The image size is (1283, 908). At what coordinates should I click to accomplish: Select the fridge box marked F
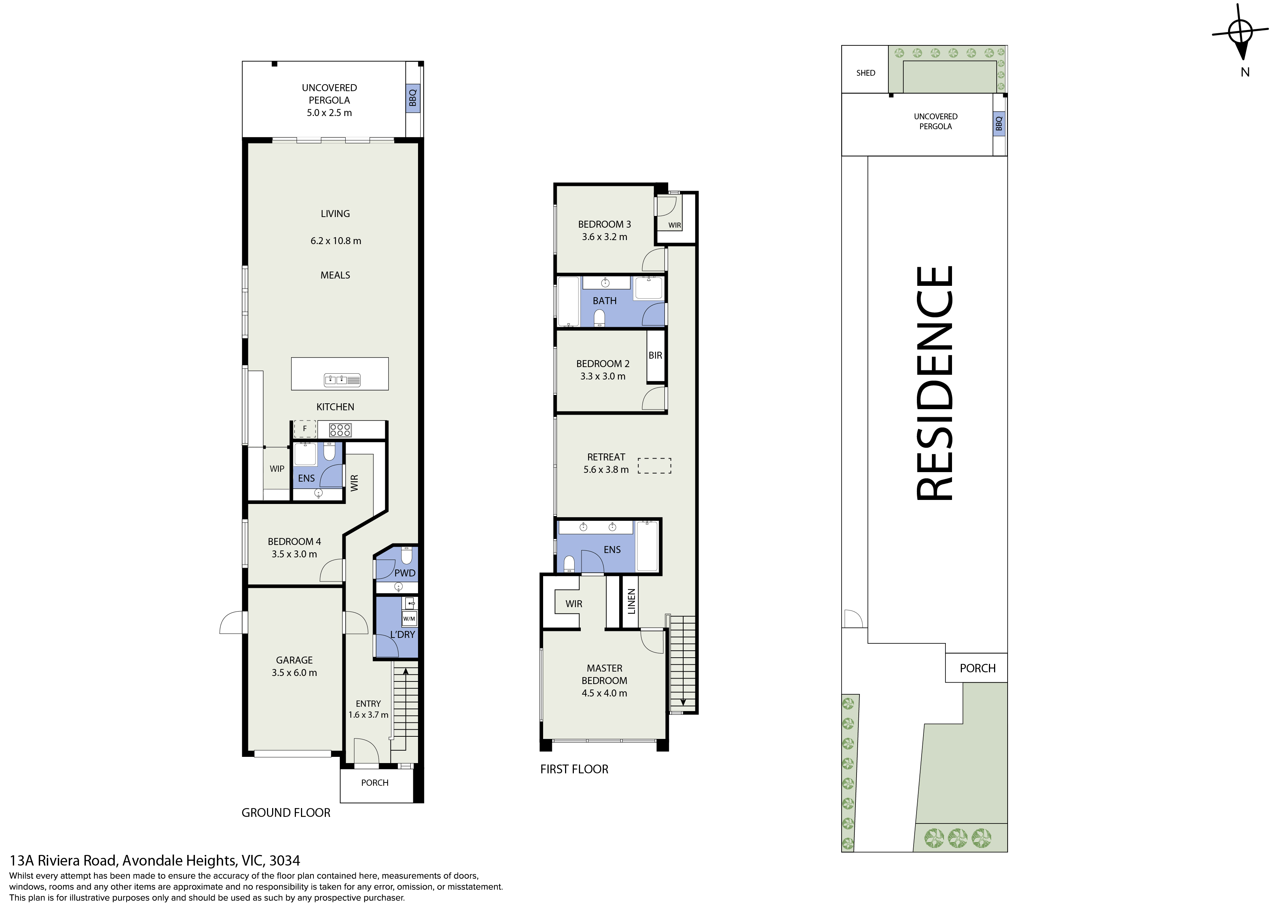click(305, 429)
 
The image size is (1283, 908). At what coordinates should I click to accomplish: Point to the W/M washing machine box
click(409, 619)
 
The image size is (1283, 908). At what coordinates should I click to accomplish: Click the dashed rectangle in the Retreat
click(654, 466)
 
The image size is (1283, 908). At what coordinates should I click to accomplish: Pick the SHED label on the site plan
click(866, 73)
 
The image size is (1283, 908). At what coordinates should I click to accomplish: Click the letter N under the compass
click(1245, 72)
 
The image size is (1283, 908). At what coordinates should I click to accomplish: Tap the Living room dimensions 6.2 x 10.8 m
click(336, 241)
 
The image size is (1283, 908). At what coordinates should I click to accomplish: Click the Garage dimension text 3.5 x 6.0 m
click(294, 673)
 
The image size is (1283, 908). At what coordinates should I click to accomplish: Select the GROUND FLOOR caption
click(286, 812)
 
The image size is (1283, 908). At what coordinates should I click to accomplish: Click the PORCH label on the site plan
click(978, 668)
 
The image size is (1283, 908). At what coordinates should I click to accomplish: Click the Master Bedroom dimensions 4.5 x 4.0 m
click(604, 693)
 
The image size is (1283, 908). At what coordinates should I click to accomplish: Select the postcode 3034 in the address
click(285, 860)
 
